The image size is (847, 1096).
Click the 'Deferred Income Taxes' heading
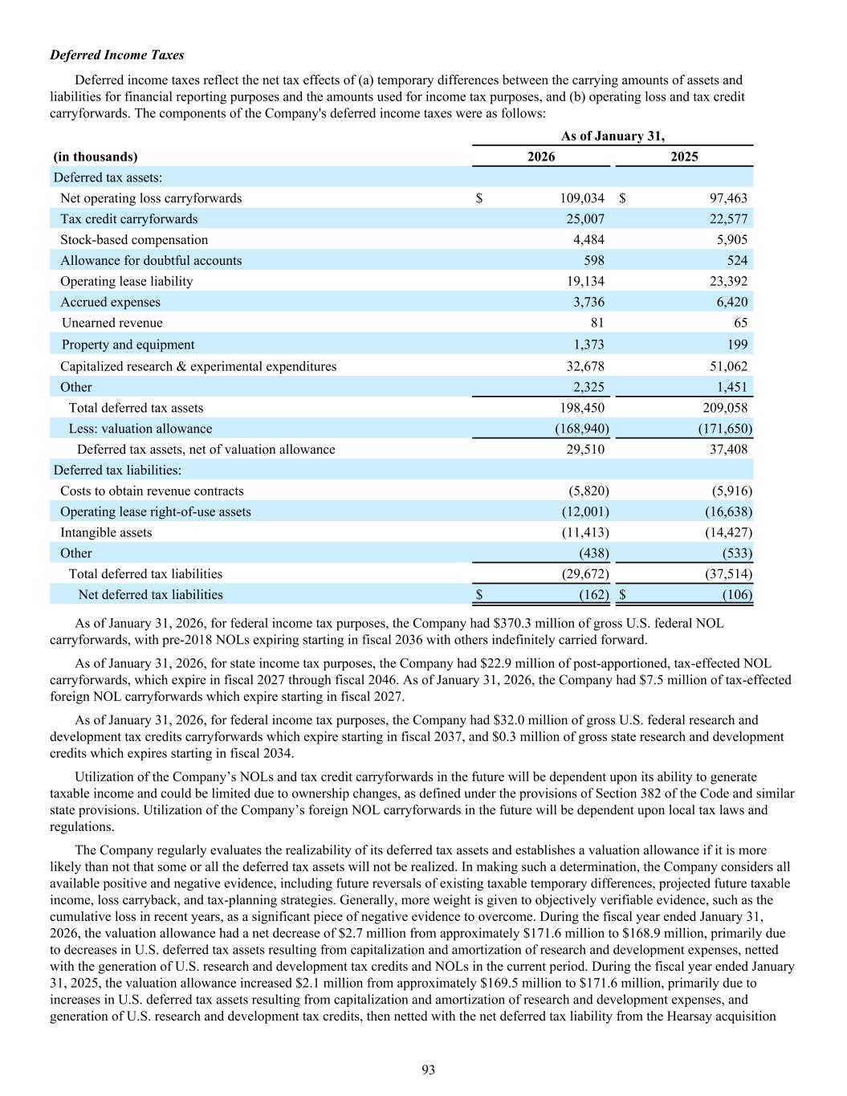[x=117, y=55]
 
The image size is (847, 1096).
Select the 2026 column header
[x=540, y=157]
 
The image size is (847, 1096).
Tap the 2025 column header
[x=684, y=157]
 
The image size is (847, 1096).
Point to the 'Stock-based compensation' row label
[x=134, y=240]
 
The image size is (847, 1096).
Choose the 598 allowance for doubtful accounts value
[x=593, y=260]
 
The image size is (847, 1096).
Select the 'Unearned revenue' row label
[x=112, y=323]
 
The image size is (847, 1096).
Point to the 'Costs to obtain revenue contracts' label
[x=152, y=491]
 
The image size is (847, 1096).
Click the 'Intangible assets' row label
[x=106, y=532]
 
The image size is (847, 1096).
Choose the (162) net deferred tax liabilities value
[x=594, y=595]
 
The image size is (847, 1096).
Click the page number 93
[x=428, y=1070]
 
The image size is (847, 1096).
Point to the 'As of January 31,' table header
[x=613, y=136]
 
